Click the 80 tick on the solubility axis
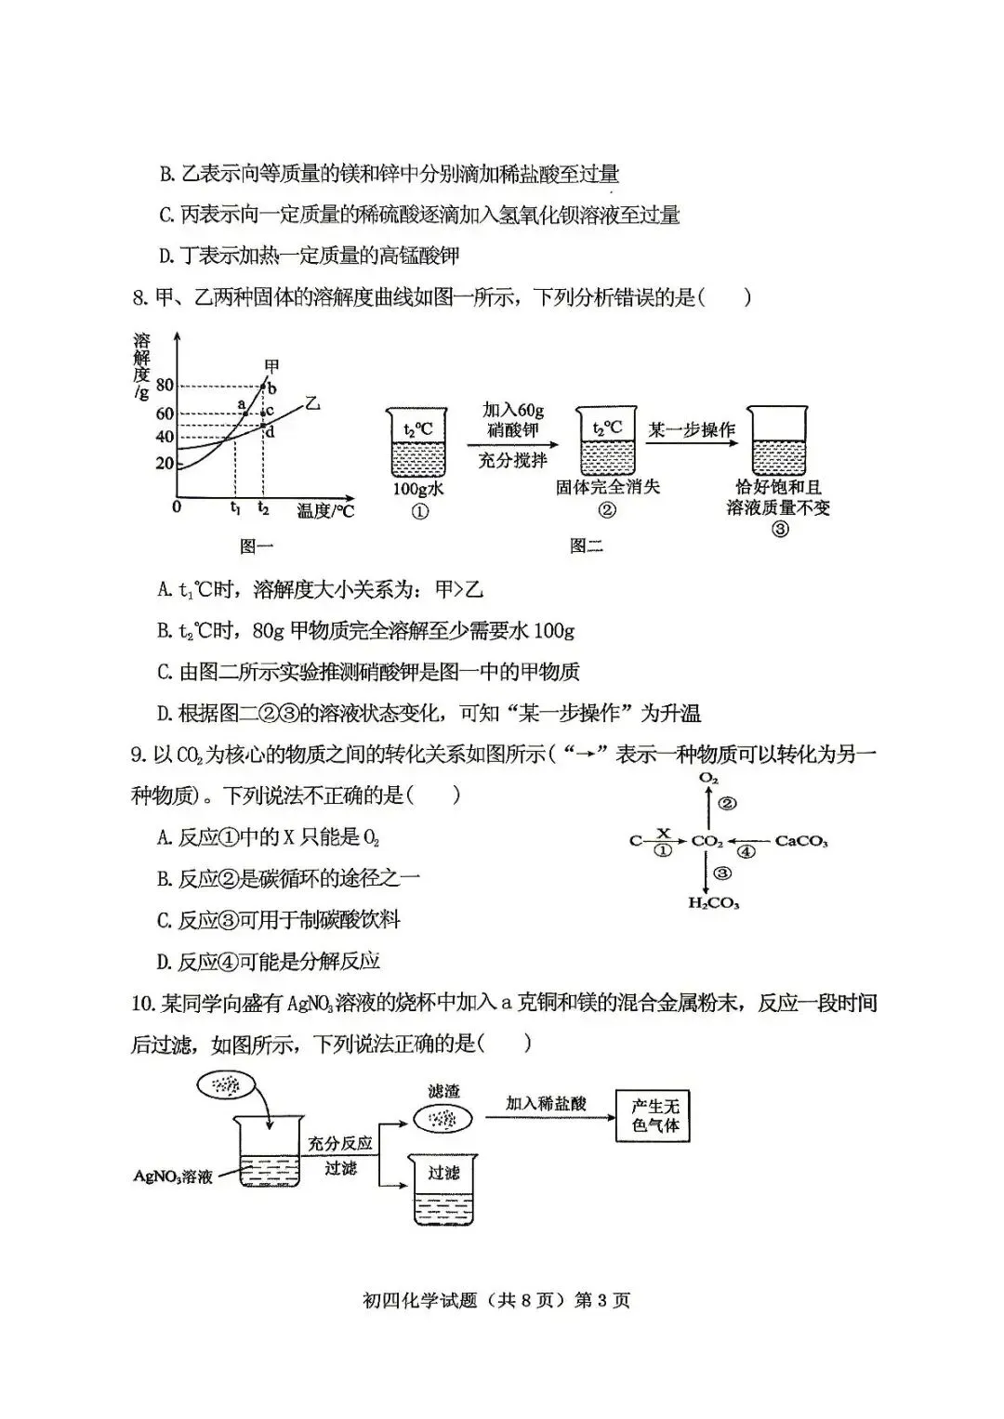pyautogui.click(x=165, y=386)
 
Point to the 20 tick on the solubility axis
pyautogui.click(x=165, y=464)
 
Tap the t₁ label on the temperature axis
pyautogui.click(x=235, y=508)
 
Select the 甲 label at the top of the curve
pyautogui.click(x=271, y=366)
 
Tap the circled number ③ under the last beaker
pyautogui.click(x=780, y=529)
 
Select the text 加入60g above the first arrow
pyautogui.click(x=512, y=410)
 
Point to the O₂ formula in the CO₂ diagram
pyautogui.click(x=708, y=778)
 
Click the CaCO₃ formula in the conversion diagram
pyautogui.click(x=800, y=842)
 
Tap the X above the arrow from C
pyautogui.click(x=664, y=833)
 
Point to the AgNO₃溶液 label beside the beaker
pyautogui.click(x=173, y=1176)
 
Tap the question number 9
pyautogui.click(x=138, y=755)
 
